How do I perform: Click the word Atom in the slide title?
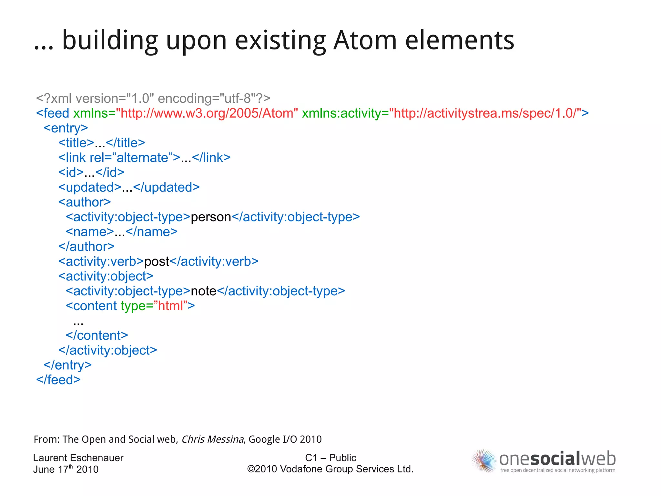(365, 41)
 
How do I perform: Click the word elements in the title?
(459, 41)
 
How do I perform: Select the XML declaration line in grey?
(153, 98)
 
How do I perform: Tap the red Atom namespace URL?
(207, 113)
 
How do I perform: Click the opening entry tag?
(66, 128)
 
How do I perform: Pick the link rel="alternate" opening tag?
(119, 158)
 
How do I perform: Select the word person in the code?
(211, 217)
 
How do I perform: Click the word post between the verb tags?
(157, 261)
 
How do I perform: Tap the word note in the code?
(203, 291)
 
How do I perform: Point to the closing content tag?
(97, 335)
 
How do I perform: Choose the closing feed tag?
(58, 380)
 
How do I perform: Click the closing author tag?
(86, 247)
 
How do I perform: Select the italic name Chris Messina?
(212, 439)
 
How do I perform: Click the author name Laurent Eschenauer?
(78, 458)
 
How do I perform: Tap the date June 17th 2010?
(66, 469)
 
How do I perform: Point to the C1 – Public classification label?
(330, 458)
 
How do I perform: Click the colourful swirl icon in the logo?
(483, 461)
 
